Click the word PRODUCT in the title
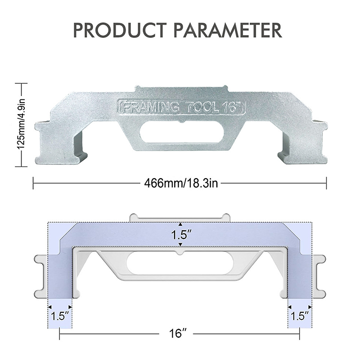click(x=120, y=30)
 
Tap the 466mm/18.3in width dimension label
click(x=181, y=184)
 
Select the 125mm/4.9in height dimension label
click(x=21, y=125)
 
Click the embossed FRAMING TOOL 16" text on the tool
click(x=182, y=107)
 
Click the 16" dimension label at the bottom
click(x=178, y=333)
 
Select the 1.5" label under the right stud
click(x=300, y=316)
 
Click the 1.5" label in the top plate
click(x=181, y=234)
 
